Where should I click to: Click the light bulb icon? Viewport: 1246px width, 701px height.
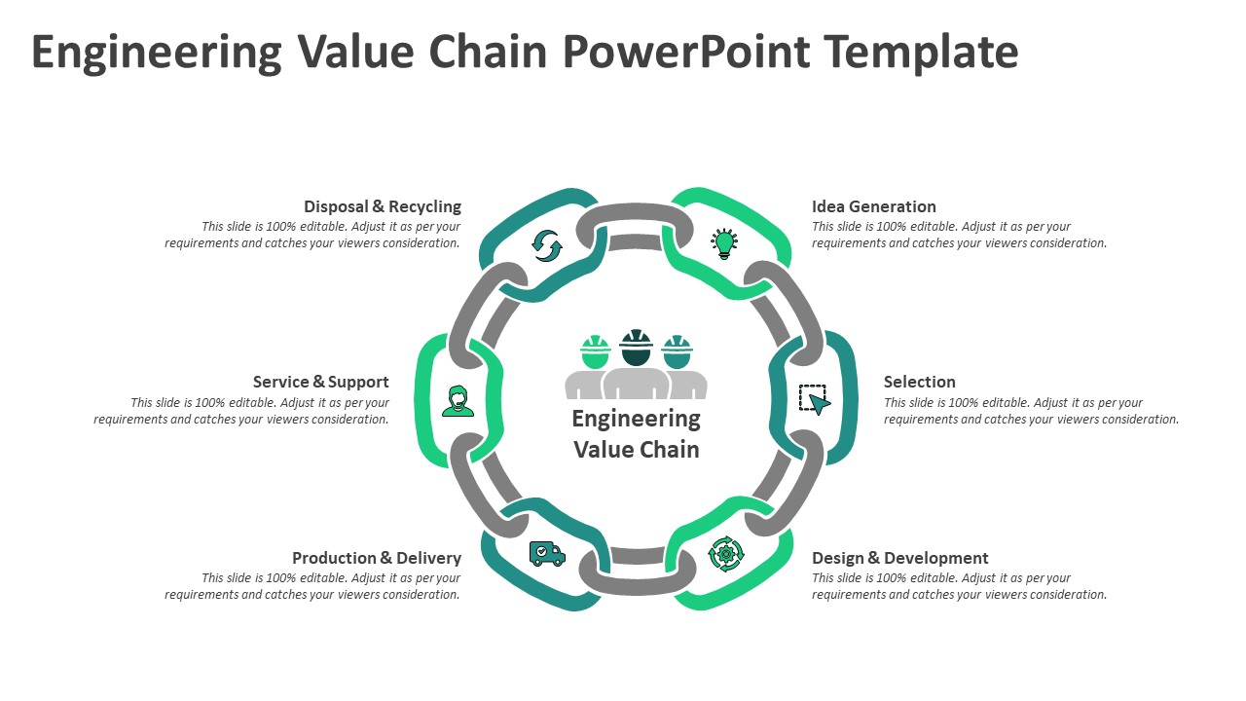click(x=723, y=243)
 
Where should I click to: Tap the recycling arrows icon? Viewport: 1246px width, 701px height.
click(x=547, y=245)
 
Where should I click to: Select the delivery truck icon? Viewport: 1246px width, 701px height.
click(x=547, y=554)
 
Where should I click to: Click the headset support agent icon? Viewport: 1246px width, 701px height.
click(x=458, y=400)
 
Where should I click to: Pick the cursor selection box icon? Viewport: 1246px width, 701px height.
click(x=815, y=399)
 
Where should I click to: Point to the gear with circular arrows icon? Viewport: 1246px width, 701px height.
click(x=725, y=554)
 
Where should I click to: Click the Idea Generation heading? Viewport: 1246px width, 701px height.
click(x=873, y=206)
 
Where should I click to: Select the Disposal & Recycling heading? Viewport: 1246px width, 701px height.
click(x=383, y=206)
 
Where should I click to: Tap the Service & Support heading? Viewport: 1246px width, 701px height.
click(x=320, y=382)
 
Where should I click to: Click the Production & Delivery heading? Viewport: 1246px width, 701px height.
click(x=377, y=558)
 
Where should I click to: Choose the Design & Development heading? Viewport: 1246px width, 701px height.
click(x=899, y=558)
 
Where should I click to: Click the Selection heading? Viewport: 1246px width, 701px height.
click(x=919, y=382)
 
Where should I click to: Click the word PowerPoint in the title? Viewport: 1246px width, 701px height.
click(x=686, y=52)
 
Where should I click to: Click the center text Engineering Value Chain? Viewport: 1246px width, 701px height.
click(x=636, y=434)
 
